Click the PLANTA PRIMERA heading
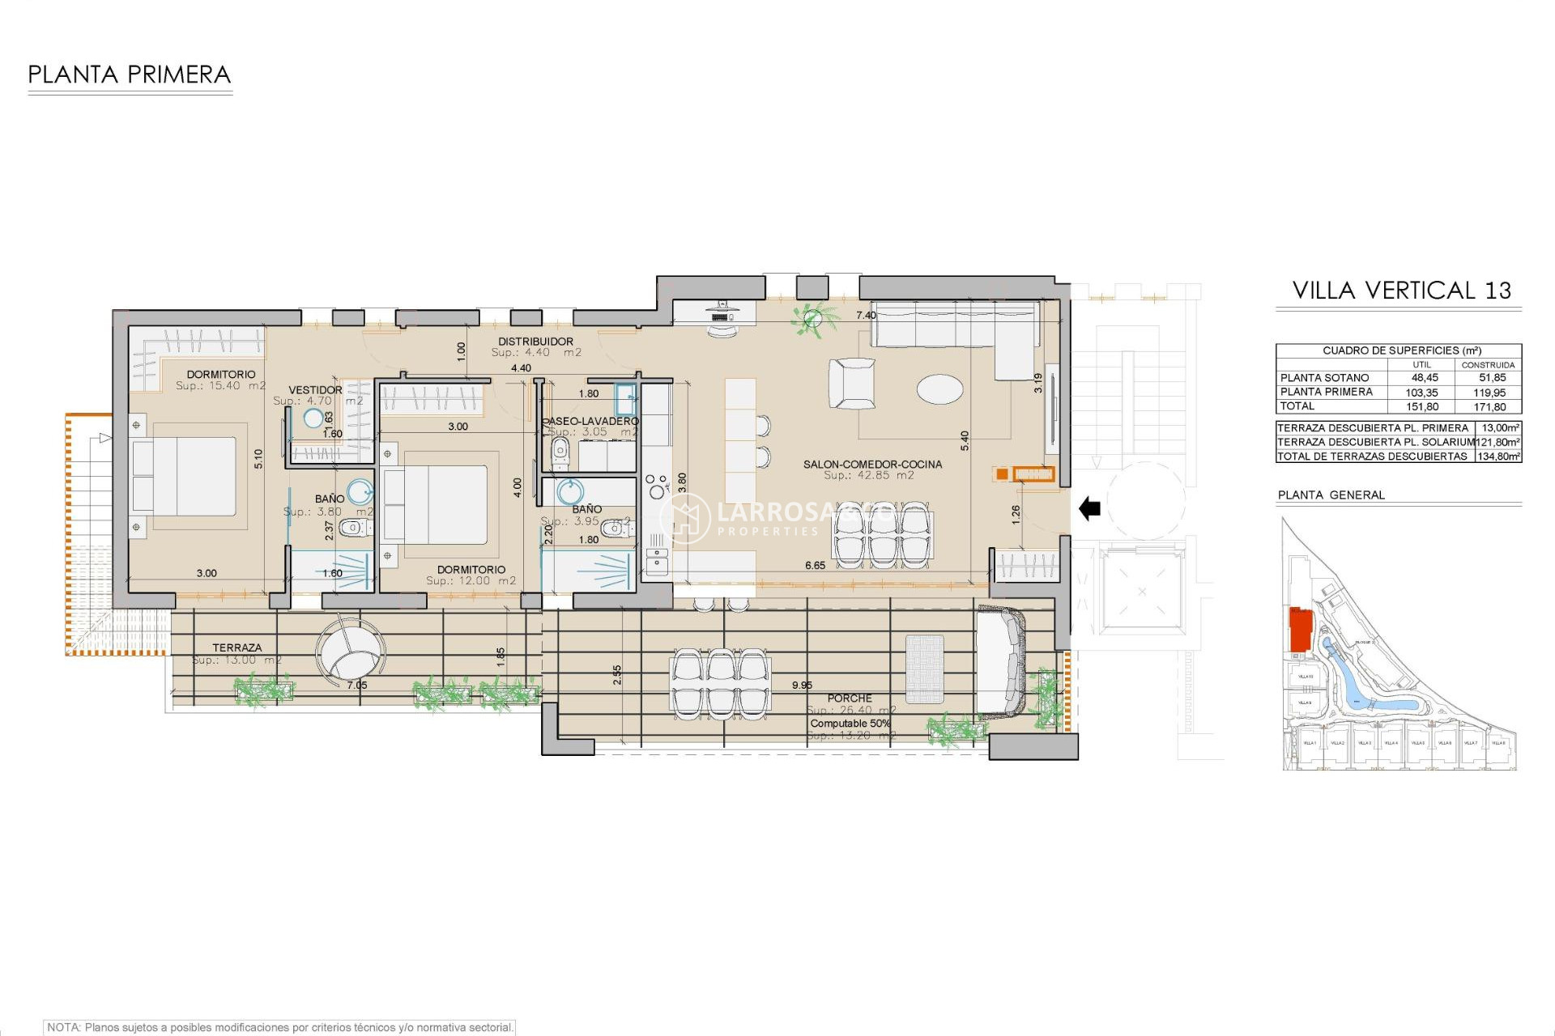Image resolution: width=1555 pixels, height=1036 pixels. [130, 75]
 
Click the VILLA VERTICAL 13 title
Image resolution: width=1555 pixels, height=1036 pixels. [1401, 291]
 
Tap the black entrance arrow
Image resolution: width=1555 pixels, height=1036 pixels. [1090, 509]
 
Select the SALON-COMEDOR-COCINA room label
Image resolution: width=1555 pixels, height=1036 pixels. [872, 465]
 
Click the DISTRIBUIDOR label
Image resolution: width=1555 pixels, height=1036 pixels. [535, 342]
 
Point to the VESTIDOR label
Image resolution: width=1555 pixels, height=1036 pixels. [315, 390]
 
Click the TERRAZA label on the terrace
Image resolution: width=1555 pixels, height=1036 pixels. [236, 647]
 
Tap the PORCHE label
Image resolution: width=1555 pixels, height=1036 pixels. [850, 698]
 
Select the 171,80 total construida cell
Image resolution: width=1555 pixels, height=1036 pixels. [1489, 407]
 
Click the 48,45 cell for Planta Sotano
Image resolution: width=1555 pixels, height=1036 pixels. [1425, 378]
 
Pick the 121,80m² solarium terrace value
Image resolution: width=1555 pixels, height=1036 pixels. [1497, 442]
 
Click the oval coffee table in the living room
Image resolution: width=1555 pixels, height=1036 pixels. [939, 388]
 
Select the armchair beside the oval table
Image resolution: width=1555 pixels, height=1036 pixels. [851, 384]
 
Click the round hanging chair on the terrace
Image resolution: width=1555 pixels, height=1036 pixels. [350, 652]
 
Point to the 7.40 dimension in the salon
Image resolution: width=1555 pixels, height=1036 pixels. [866, 316]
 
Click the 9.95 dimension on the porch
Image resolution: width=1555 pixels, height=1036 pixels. [802, 686]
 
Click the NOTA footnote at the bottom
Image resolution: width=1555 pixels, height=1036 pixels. [279, 1027]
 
